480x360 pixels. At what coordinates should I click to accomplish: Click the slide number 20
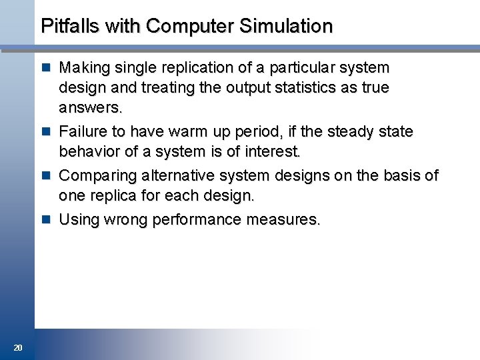click(18, 347)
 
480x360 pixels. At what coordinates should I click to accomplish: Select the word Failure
click(83, 131)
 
